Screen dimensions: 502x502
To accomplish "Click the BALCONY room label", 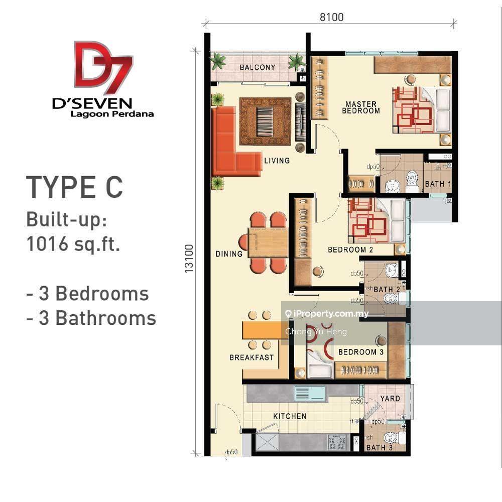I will (x=257, y=67).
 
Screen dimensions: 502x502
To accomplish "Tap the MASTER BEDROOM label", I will (x=360, y=107).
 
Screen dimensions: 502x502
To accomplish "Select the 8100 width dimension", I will (x=331, y=17).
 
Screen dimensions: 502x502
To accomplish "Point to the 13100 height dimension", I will (x=189, y=259).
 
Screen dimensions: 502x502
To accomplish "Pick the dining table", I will (x=268, y=242).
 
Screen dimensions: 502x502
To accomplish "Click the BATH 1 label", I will (x=438, y=184).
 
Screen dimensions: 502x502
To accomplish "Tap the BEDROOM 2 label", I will (x=350, y=249).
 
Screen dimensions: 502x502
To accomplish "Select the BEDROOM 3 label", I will (x=360, y=352).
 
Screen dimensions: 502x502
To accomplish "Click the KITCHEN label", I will (x=290, y=416).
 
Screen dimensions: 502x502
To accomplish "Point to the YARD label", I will (x=390, y=399).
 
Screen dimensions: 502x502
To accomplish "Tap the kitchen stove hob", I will (x=336, y=442).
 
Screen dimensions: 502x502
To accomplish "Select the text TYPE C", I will (x=74, y=187).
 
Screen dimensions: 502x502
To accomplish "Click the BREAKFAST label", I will (x=252, y=357).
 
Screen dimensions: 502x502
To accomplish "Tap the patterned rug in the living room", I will (x=265, y=121).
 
